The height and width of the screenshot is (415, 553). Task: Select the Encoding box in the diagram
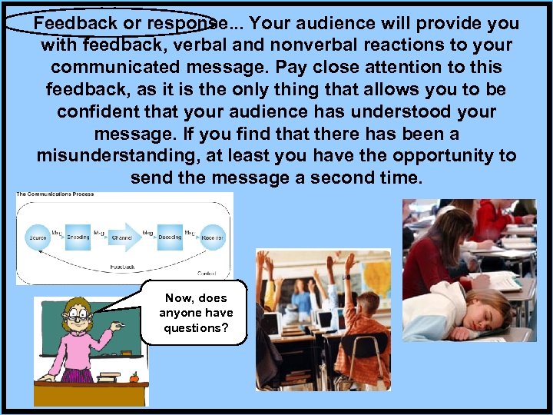click(78, 236)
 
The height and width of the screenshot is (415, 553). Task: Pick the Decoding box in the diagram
click(169, 236)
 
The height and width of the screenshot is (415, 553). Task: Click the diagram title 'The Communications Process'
click(55, 194)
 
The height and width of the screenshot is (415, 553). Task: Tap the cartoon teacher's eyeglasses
click(76, 316)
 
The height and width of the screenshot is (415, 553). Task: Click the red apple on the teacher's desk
click(133, 377)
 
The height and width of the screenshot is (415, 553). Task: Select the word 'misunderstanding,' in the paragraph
click(110, 156)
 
